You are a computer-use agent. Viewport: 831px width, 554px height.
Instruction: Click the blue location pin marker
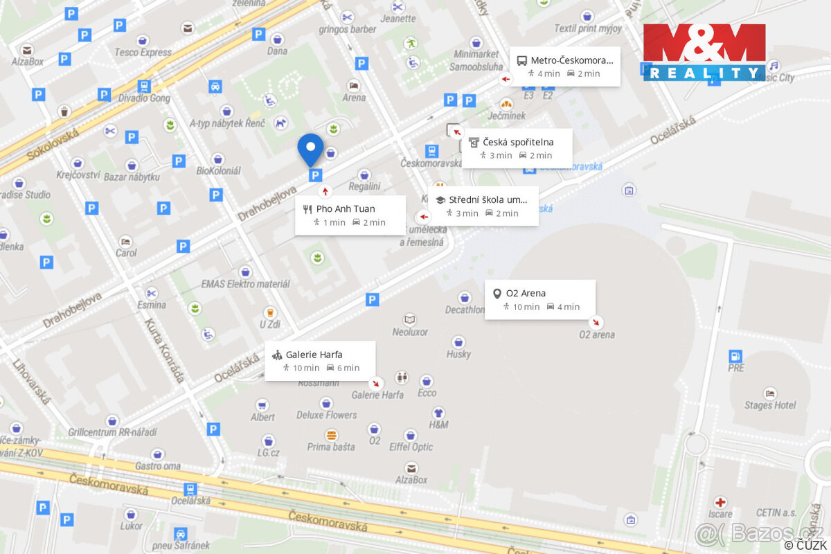[310, 148]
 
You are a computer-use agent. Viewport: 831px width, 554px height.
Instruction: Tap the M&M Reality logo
[704, 53]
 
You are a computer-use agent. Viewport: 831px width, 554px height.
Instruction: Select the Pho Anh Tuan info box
[350, 215]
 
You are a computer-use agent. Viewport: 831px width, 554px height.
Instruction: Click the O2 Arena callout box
[539, 299]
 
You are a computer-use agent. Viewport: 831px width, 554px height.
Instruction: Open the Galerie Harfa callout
[320, 361]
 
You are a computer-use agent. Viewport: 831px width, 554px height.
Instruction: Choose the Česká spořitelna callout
[517, 148]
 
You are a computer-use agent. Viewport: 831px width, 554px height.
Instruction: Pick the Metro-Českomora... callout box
[565, 66]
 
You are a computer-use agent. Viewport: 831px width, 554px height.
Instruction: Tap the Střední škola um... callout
[483, 206]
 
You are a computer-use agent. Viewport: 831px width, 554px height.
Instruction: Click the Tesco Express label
[143, 52]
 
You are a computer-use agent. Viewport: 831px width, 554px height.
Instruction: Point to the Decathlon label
[465, 310]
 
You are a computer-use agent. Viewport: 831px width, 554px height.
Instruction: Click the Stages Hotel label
[770, 405]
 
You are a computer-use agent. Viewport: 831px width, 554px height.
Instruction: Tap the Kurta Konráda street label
[165, 350]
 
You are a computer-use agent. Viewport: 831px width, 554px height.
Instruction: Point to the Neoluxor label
[410, 332]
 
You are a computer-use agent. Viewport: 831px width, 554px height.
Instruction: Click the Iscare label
[720, 514]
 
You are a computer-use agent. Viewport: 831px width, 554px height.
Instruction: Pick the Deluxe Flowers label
[327, 415]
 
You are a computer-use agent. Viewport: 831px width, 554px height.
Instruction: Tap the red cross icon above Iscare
[721, 502]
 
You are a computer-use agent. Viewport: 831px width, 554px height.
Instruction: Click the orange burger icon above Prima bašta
[332, 435]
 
